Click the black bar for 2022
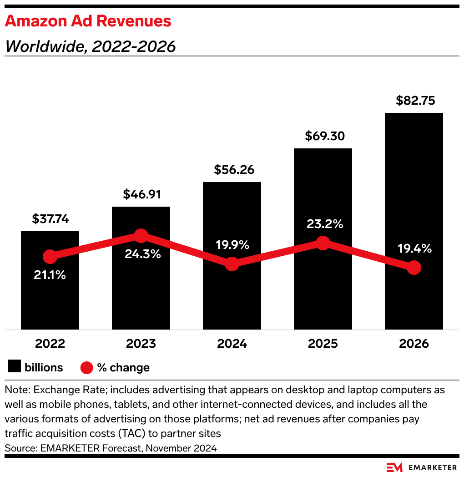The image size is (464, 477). [50, 296]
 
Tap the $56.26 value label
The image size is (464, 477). [232, 170]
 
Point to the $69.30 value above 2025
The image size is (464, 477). [323, 136]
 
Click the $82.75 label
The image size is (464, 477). [414, 100]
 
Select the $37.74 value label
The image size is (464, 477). [50, 219]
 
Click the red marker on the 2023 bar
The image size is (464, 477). [141, 236]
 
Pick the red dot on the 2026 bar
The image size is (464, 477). [414, 268]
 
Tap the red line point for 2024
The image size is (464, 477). [232, 264]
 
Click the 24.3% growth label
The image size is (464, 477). [143, 254]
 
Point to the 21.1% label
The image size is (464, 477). [50, 275]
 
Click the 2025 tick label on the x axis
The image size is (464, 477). [323, 343]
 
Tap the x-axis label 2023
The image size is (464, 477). [141, 343]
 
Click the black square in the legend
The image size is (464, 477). [15, 367]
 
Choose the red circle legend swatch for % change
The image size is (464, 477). [87, 367]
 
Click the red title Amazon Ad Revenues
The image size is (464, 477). [88, 21]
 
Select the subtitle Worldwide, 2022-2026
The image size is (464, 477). [90, 46]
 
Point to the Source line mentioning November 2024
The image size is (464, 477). [111, 448]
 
